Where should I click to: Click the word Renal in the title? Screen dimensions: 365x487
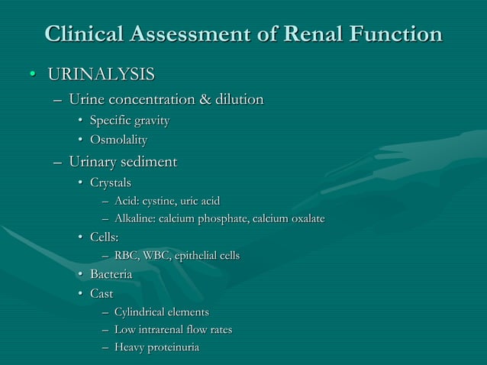(291, 34)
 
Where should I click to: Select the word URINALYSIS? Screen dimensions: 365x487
(101, 74)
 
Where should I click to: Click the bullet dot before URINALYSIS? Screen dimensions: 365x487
(32, 75)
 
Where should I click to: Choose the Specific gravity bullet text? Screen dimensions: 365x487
(129, 121)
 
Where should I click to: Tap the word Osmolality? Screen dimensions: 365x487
(118, 140)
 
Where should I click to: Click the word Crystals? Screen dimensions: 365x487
(111, 182)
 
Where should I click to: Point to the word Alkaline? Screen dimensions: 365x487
(136, 219)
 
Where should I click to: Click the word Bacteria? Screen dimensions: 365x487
(111, 274)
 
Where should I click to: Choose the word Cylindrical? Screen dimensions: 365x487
(142, 312)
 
